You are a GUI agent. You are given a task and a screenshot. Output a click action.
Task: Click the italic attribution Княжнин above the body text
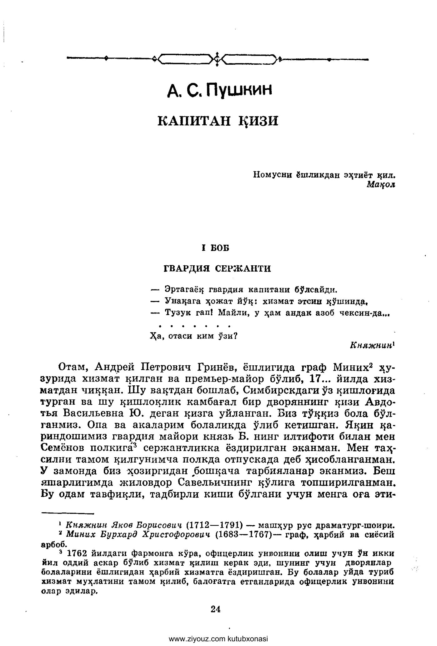coord(371,345)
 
